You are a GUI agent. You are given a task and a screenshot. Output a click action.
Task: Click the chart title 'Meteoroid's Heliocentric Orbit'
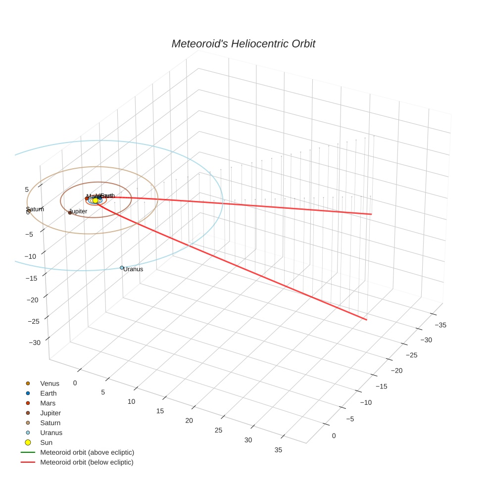(x=243, y=44)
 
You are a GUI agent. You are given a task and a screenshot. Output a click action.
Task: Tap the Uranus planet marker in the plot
(x=122, y=268)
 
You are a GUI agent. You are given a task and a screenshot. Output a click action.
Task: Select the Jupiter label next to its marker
(x=79, y=211)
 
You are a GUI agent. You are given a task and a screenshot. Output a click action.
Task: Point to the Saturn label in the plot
(x=35, y=209)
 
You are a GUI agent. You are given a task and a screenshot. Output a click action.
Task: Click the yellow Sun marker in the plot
(x=96, y=200)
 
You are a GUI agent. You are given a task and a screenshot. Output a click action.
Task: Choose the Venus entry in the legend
(x=49, y=384)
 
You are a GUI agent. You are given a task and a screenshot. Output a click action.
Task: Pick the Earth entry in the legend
(x=49, y=393)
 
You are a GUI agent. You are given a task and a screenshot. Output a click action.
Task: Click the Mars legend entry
(x=48, y=403)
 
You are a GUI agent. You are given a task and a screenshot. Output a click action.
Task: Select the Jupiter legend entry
(x=50, y=413)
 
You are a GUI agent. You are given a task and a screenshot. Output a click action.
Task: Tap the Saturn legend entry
(x=50, y=423)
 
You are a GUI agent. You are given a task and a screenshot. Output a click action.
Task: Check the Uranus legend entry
(x=51, y=433)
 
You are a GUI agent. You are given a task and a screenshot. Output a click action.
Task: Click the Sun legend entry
(x=46, y=442)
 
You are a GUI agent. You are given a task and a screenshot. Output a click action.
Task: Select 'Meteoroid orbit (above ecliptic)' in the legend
(x=87, y=452)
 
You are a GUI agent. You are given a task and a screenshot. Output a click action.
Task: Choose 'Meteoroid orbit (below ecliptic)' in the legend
(x=87, y=462)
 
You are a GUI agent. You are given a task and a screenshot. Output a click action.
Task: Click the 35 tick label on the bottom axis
(x=278, y=450)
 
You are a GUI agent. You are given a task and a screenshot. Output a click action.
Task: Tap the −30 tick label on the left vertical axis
(x=35, y=342)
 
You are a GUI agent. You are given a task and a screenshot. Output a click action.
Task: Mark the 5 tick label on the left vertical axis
(x=27, y=190)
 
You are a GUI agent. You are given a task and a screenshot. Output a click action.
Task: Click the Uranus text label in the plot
(x=133, y=269)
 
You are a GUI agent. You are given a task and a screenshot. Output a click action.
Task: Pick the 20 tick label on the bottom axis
(x=189, y=421)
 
